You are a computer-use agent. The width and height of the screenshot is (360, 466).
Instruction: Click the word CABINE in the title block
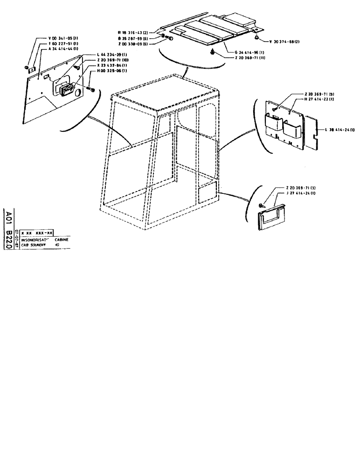pyautogui.click(x=62, y=239)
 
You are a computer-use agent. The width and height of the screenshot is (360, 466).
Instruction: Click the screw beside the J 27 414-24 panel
pyautogui.click(x=261, y=205)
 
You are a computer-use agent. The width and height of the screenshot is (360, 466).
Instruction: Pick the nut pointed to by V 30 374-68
pyautogui.click(x=257, y=37)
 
